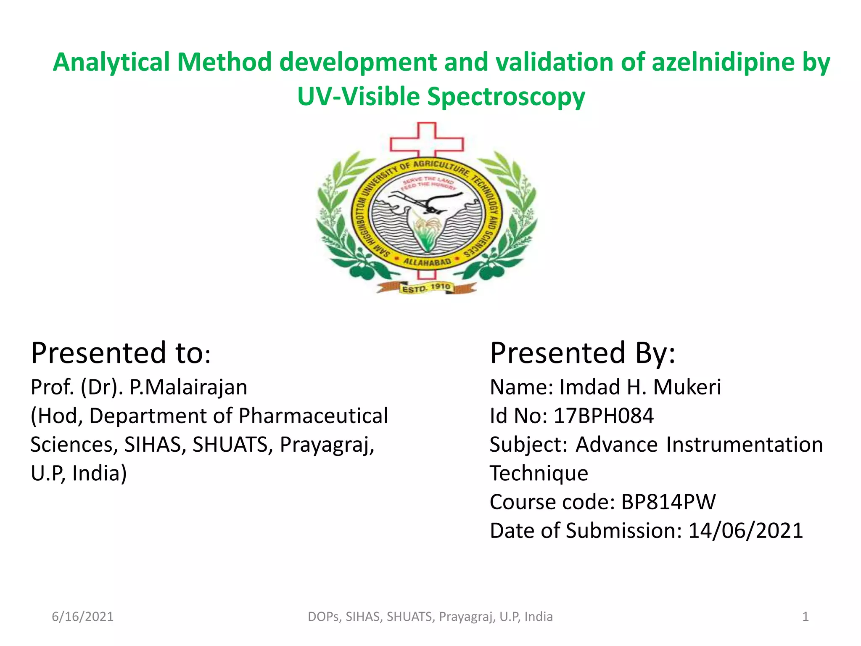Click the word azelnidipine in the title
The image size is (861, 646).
[723, 62]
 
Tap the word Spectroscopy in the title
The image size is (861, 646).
[506, 97]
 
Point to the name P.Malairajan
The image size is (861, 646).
[188, 387]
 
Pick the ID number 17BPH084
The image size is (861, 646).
[603, 416]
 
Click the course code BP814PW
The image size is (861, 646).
[668, 502]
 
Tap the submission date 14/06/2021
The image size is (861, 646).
[745, 530]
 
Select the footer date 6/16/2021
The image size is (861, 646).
[82, 617]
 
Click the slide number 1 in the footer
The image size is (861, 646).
[805, 617]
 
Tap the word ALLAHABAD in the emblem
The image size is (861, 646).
[427, 262]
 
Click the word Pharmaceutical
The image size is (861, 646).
[313, 416]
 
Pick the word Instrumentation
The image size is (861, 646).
[744, 445]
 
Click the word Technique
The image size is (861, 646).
[539, 473]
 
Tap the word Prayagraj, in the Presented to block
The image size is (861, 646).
[327, 445]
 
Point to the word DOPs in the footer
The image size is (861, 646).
[323, 617]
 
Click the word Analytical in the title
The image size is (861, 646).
[111, 62]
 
